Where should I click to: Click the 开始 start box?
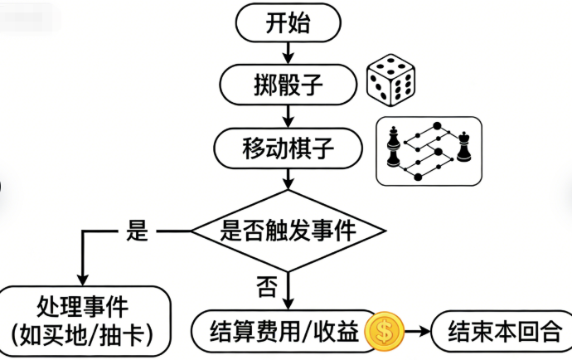click(x=287, y=22)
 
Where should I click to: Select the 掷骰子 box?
click(x=287, y=83)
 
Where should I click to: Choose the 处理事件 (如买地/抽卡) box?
click(x=83, y=319)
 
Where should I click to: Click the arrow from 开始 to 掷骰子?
click(x=287, y=52)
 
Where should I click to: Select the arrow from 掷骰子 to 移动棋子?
click(x=287, y=116)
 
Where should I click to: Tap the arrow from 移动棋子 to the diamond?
click(x=287, y=178)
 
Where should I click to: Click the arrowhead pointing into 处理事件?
click(x=82, y=278)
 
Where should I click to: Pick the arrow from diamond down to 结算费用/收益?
click(x=287, y=290)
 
